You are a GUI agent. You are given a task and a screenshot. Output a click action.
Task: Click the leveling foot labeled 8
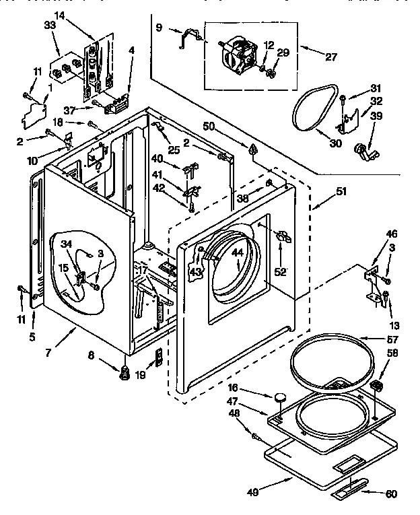[x=125, y=372]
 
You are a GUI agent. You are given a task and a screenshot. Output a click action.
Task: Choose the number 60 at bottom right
[x=391, y=493]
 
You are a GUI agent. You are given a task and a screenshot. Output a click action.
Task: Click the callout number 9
[x=159, y=28]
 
